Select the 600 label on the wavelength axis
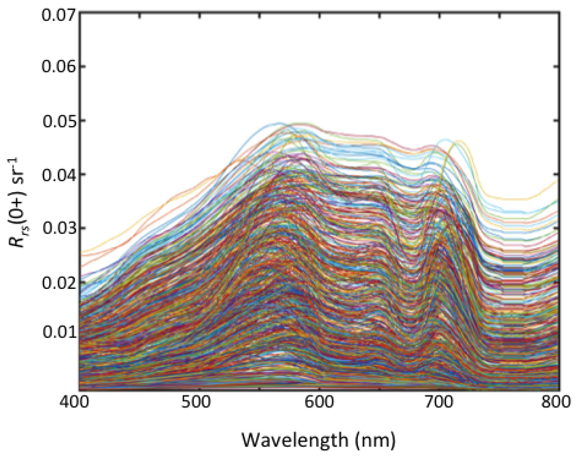tap(319, 402)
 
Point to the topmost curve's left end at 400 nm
tap(80, 252)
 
